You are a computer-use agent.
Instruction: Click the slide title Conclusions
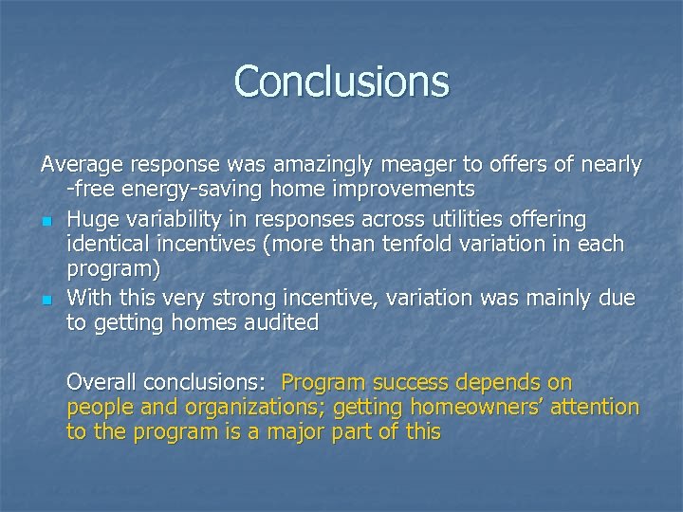341,81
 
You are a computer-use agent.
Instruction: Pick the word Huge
90,220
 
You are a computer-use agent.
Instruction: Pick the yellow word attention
595,408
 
